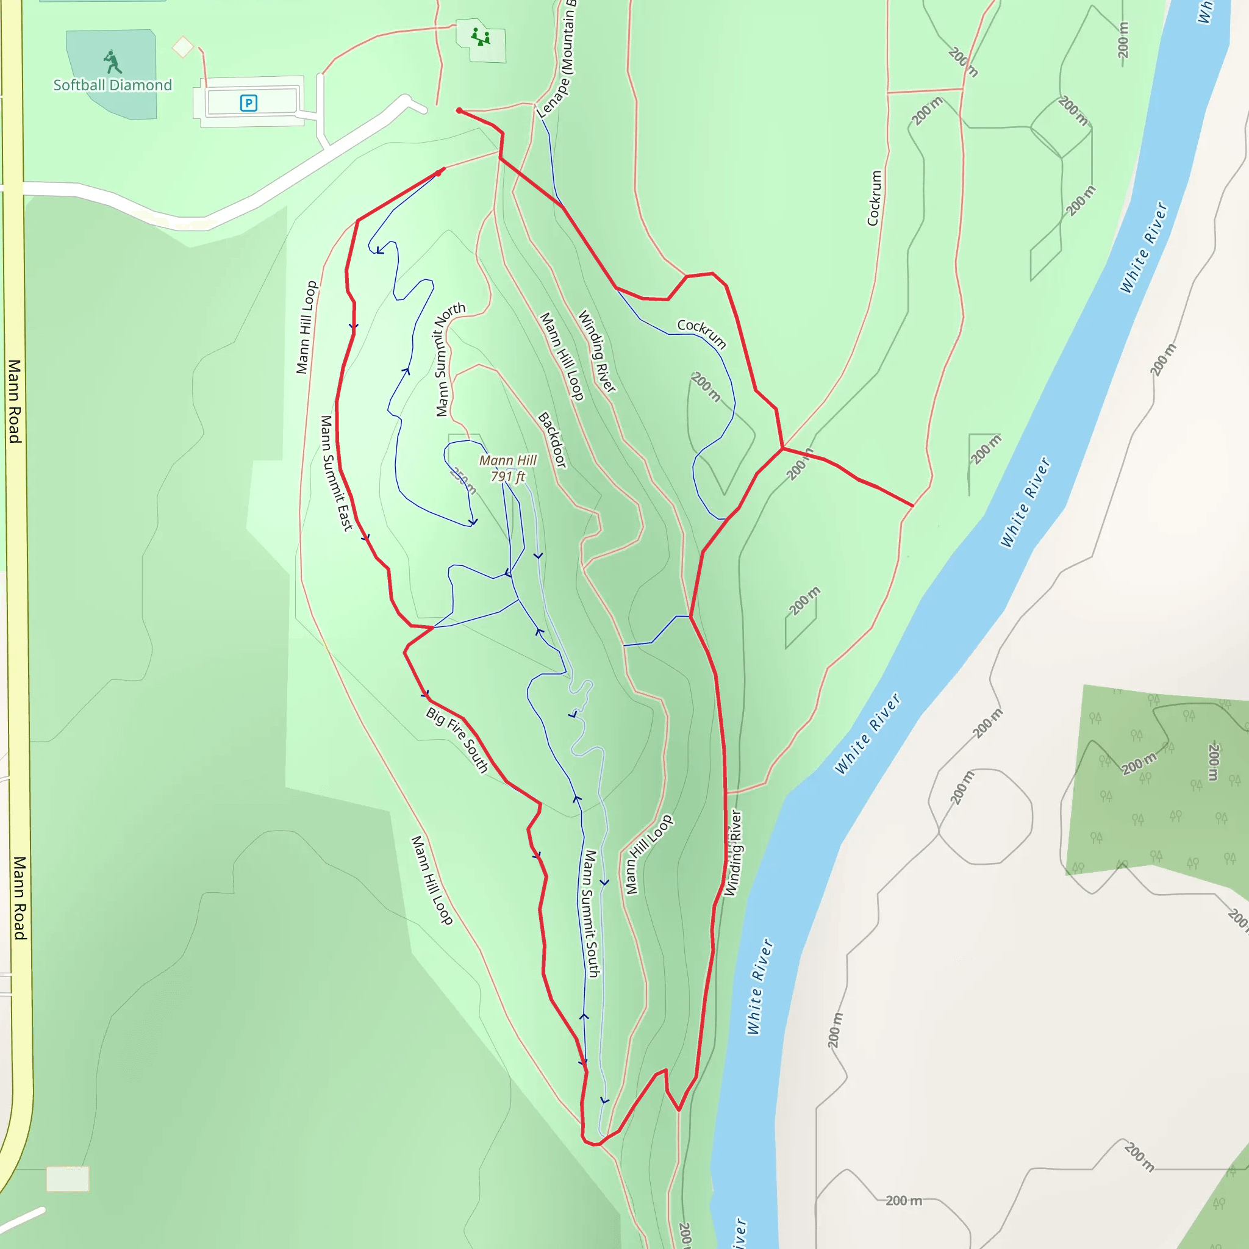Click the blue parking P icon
(x=248, y=103)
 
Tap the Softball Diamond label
(x=112, y=85)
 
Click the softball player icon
(x=112, y=63)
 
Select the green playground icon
(x=481, y=37)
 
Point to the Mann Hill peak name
(x=507, y=460)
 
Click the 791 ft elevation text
(x=507, y=476)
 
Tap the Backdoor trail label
(x=553, y=440)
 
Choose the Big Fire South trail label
(x=457, y=740)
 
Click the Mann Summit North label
(x=450, y=359)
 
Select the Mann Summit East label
(x=336, y=473)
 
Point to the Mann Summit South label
(x=592, y=913)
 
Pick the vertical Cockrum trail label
(x=874, y=198)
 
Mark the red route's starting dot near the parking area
(x=459, y=111)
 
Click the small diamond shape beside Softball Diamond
(x=183, y=46)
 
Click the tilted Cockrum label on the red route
(x=702, y=334)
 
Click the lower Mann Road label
(x=20, y=898)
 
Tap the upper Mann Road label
(x=14, y=401)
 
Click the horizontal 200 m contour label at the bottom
(x=904, y=1200)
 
